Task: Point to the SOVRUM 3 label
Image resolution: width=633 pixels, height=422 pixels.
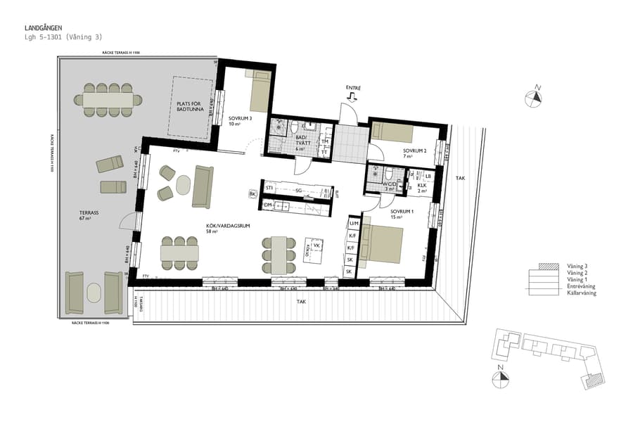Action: click(241, 118)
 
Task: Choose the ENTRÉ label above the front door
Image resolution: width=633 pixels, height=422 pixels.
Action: click(353, 88)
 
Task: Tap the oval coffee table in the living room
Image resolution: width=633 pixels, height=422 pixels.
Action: click(183, 185)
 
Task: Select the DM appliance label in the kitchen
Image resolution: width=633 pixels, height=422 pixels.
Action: click(268, 205)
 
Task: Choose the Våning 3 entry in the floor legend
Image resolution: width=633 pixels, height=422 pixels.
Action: click(576, 267)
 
